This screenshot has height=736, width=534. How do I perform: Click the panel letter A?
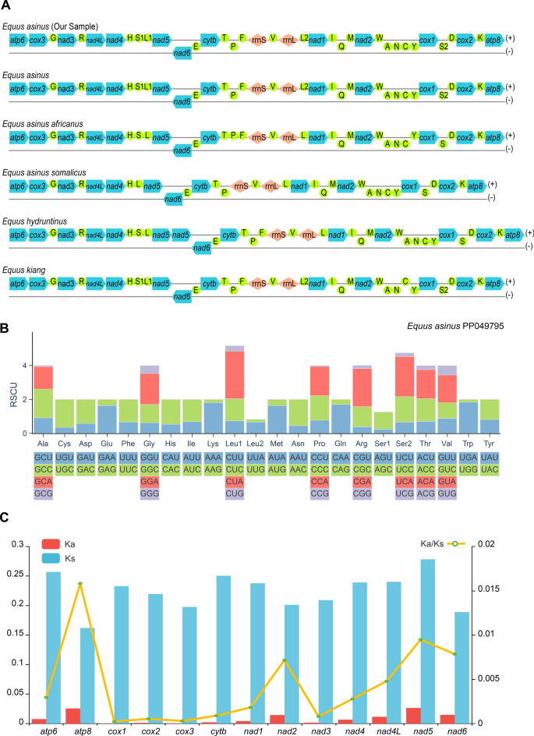point(6,6)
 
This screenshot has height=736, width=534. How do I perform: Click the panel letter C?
point(6,518)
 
